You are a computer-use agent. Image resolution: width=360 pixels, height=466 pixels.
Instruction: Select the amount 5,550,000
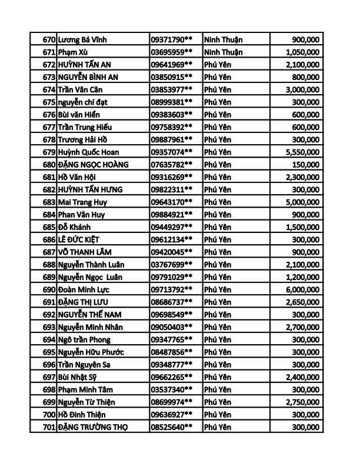tap(301, 152)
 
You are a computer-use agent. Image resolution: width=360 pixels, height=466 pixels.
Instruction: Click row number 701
tap(49, 427)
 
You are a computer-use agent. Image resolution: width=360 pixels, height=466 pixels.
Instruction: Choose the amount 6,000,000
tap(301, 289)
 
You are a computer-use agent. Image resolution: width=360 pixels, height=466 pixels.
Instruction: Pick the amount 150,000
tap(306, 165)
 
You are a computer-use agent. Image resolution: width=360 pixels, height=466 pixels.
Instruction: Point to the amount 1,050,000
tap(301, 52)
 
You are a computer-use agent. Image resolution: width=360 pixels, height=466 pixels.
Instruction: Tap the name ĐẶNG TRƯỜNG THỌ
tap(93, 427)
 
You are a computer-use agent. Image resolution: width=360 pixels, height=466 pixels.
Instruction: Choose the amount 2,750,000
tap(301, 402)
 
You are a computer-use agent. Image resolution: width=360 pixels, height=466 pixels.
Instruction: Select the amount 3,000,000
tap(301, 89)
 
